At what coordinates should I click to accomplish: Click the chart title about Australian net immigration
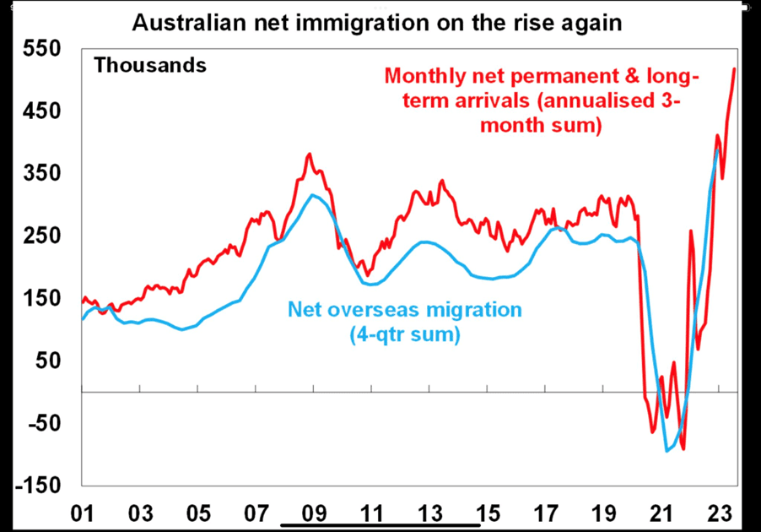click(377, 23)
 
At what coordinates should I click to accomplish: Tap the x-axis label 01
click(83, 513)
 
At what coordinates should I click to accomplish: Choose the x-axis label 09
click(314, 513)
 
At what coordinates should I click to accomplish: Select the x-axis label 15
click(487, 513)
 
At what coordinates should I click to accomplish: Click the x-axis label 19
click(602, 513)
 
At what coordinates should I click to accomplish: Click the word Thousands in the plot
click(150, 65)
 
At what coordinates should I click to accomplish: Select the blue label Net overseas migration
click(405, 309)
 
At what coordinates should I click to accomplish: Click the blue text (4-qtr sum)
click(404, 334)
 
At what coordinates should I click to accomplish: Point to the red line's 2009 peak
click(309, 155)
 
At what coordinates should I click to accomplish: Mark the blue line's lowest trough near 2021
click(667, 450)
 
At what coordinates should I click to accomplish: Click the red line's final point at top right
click(734, 69)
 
